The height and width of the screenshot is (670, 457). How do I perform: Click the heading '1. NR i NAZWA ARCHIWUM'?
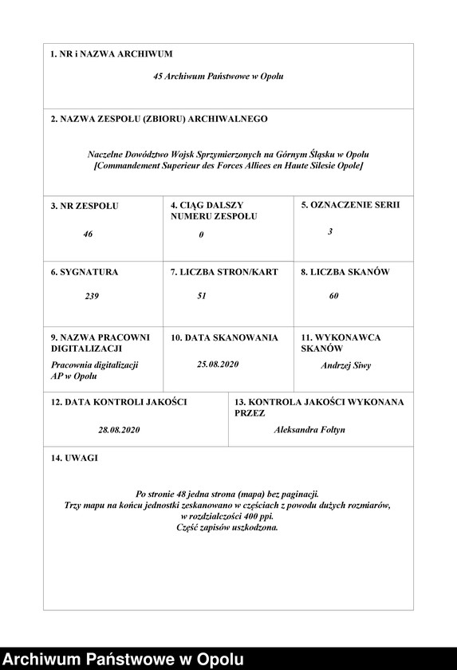coord(111,54)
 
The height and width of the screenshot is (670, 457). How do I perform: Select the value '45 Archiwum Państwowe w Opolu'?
coord(218,77)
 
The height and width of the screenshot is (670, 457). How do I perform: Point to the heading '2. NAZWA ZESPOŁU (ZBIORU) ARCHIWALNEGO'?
coord(159,119)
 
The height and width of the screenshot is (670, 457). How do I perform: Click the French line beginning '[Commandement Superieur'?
coord(228,165)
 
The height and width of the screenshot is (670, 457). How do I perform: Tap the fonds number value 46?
coord(88,235)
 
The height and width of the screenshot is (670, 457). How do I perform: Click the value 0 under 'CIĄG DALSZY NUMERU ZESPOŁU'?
coord(202,235)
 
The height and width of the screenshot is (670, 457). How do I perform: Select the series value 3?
coord(330,231)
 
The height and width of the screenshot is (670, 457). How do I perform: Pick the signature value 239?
coord(92,296)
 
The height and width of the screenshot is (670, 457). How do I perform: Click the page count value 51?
coord(202,296)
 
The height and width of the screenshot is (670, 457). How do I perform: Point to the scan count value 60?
coord(333,296)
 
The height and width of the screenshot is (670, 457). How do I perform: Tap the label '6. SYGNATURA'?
coord(84,272)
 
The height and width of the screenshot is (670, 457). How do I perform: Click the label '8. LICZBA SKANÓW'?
coord(345,272)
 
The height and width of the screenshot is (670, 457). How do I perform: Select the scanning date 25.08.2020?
coord(218,364)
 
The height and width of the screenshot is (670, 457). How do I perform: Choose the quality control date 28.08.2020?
coord(119,430)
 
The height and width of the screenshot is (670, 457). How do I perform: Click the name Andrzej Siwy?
coord(345,366)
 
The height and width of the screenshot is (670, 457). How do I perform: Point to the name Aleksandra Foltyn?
coord(309,430)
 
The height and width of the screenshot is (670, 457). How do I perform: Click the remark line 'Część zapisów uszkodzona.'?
coord(228,527)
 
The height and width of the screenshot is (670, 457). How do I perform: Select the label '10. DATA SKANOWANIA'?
coord(224,337)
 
